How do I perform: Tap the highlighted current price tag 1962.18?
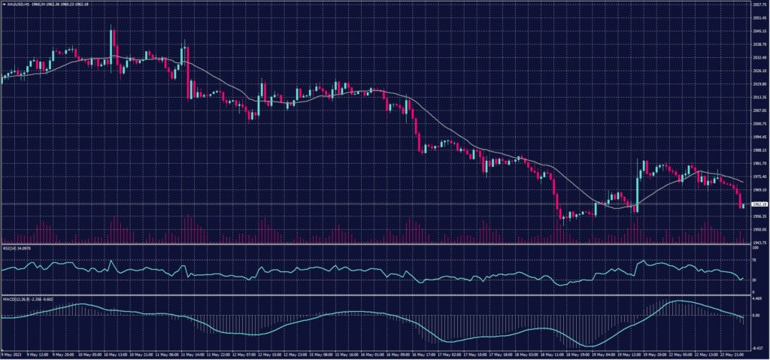click(x=759, y=204)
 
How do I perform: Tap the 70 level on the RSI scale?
click(x=754, y=259)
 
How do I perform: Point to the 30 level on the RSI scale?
click(x=754, y=280)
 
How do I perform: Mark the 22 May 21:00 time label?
click(x=730, y=355)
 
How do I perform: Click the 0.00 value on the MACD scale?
click(x=756, y=315)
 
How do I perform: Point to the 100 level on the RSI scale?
click(x=755, y=247)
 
